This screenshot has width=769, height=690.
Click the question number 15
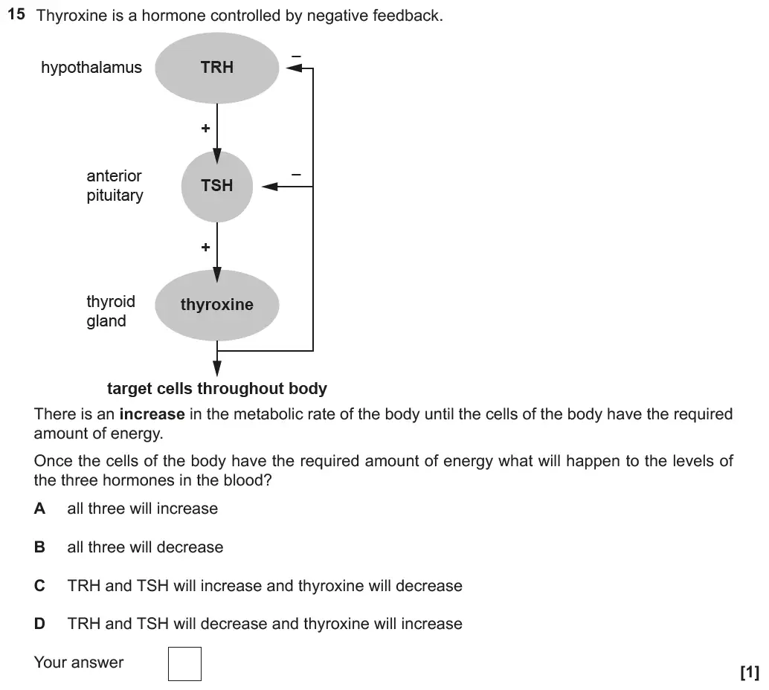click(x=17, y=14)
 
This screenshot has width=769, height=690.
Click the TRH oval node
click(x=216, y=68)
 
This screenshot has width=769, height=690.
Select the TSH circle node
click(x=216, y=186)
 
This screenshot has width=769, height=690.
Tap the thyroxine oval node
click(x=216, y=305)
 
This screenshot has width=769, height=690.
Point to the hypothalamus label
click(x=91, y=68)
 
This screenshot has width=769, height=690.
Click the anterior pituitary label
click(x=114, y=186)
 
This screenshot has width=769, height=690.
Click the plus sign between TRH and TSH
click(x=205, y=129)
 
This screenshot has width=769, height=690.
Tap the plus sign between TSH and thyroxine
click(x=205, y=248)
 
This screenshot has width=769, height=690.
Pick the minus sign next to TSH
click(x=295, y=174)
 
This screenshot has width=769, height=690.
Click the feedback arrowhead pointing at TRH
click(x=295, y=68)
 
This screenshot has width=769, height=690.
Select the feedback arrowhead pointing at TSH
click(x=269, y=186)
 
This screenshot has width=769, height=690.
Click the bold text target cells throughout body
click(x=216, y=389)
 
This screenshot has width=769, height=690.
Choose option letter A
click(x=39, y=509)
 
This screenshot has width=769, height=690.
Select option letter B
click(x=39, y=547)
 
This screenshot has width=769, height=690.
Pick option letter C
click(x=39, y=586)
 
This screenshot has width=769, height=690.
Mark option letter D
click(x=39, y=624)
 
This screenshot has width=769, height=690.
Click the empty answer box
click(x=184, y=664)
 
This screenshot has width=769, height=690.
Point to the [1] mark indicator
click(x=749, y=673)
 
